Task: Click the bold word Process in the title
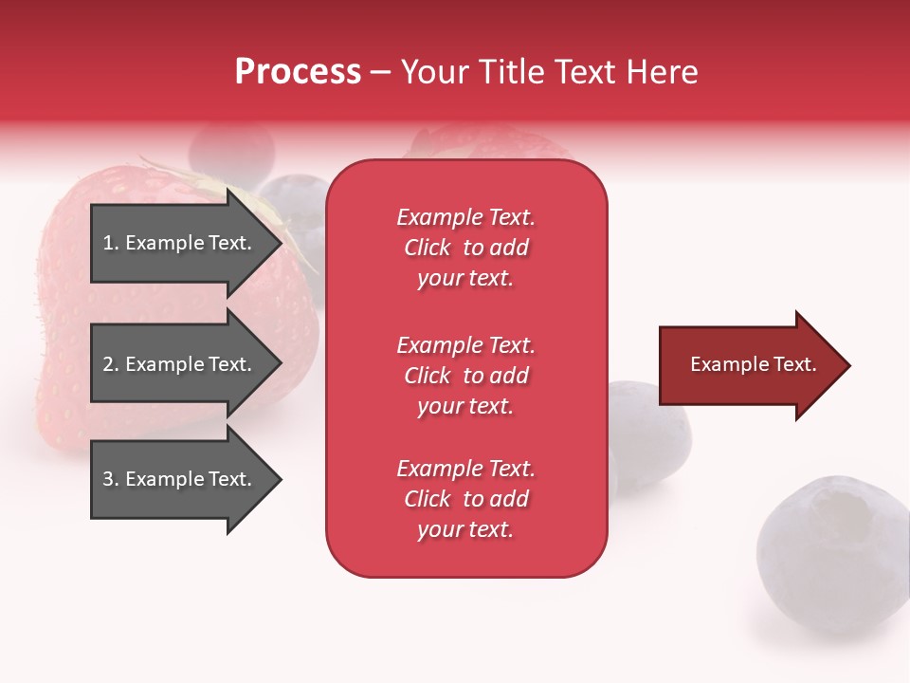[x=298, y=72]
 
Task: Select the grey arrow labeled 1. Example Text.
[x=180, y=243]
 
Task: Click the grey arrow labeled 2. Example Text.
[x=180, y=364]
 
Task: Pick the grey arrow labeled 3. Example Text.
[x=180, y=479]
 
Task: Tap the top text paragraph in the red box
[x=465, y=248]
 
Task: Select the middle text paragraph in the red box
[x=465, y=376]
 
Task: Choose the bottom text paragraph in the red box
[x=465, y=499]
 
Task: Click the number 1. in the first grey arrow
[x=111, y=243]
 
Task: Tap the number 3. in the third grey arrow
[x=111, y=479]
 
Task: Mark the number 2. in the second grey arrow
[x=111, y=364]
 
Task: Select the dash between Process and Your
[x=380, y=72]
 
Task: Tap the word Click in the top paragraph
[x=428, y=248]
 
